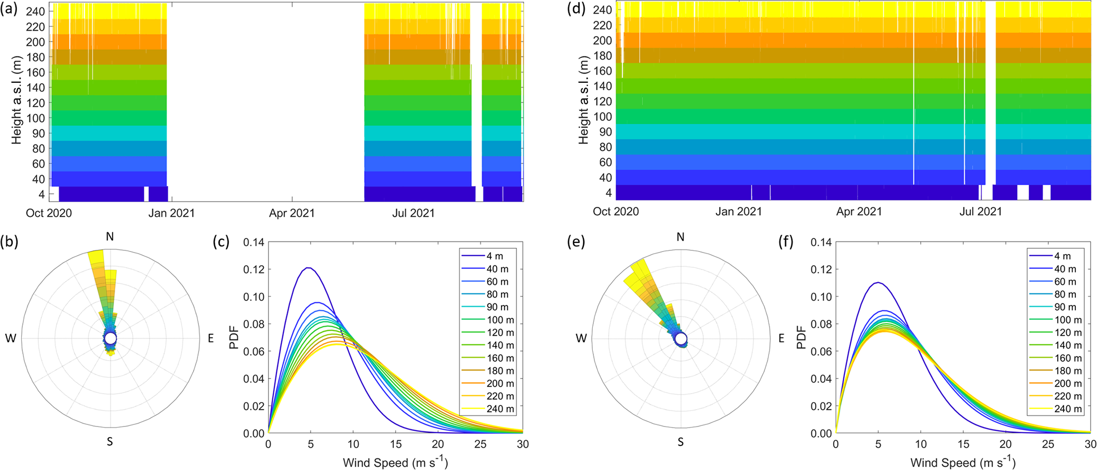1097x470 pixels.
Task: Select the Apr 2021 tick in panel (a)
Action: click(x=292, y=213)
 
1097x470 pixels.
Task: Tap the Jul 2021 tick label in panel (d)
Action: click(x=980, y=212)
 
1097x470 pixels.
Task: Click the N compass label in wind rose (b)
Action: click(x=110, y=237)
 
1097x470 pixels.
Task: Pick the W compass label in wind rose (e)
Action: click(x=581, y=338)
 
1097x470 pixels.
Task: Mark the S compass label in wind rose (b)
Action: click(x=110, y=441)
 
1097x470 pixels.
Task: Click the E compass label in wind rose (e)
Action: click(x=781, y=338)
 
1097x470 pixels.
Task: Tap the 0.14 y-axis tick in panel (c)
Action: click(x=254, y=242)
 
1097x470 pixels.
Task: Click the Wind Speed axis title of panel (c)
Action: click(x=395, y=463)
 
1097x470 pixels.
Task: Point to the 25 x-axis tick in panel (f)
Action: click(x=1048, y=444)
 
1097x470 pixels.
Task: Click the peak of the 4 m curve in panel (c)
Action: click(x=308, y=268)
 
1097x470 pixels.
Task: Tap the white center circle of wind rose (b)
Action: click(x=110, y=338)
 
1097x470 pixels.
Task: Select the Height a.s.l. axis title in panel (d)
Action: click(x=584, y=99)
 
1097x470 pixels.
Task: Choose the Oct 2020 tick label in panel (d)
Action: click(x=616, y=212)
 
